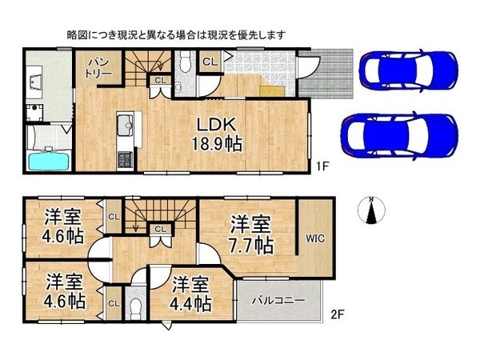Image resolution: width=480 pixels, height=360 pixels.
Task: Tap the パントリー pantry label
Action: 99,67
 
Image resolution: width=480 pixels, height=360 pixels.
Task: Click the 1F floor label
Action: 321,168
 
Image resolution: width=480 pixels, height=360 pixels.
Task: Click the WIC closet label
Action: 314,238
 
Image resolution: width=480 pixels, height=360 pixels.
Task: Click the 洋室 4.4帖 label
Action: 190,294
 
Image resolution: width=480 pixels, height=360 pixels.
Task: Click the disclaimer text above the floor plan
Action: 175,35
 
